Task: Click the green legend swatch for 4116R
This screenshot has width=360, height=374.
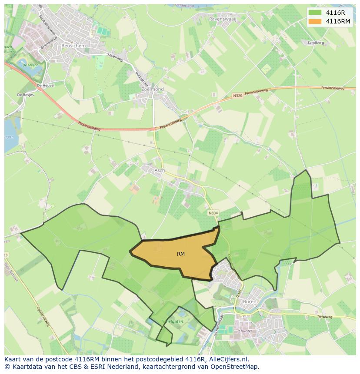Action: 315,13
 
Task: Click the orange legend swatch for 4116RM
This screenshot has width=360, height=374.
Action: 315,21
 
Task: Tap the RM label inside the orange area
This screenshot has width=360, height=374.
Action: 181,254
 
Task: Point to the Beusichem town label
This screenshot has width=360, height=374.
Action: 73,45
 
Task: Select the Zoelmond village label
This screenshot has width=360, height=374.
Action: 153,89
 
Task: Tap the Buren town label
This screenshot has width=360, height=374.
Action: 250,301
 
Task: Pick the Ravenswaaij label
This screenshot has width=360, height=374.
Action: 223,20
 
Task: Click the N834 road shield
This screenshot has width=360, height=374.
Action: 213,213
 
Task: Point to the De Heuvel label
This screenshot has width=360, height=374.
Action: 46,86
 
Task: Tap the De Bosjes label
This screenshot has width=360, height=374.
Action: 25,94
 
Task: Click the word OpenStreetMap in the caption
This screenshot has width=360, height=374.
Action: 237,367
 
